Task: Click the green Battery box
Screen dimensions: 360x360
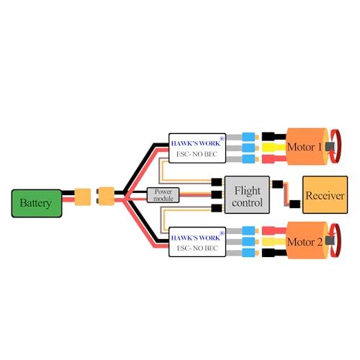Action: point(35,202)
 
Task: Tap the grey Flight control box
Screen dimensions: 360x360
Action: point(246,194)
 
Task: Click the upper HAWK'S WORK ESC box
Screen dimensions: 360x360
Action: point(197,147)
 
